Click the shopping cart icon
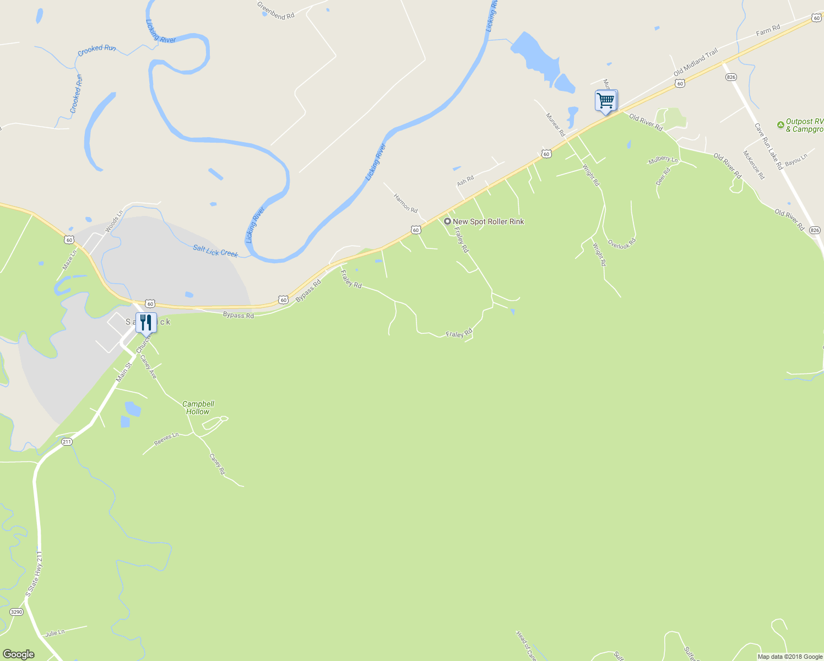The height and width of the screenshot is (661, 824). [x=606, y=101]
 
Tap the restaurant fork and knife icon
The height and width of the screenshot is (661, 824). [x=146, y=322]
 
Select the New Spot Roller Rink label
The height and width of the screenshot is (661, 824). [x=488, y=221]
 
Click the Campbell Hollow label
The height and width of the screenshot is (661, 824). [x=198, y=408]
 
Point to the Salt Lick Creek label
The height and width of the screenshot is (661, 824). [x=215, y=251]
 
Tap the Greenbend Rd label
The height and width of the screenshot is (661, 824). [x=275, y=10]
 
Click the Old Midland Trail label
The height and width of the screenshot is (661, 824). [x=696, y=62]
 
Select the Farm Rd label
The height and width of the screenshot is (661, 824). [x=768, y=30]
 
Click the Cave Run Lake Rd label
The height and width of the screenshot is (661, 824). [x=768, y=146]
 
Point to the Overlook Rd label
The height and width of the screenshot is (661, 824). [x=622, y=243]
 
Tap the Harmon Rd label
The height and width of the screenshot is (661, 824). [x=405, y=203]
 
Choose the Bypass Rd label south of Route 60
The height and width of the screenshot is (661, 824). [x=238, y=315]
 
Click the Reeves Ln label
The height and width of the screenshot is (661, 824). [x=166, y=439]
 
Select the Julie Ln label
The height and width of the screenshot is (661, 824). [x=55, y=633]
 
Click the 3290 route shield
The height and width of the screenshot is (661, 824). [x=17, y=612]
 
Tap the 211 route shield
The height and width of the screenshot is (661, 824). [x=67, y=442]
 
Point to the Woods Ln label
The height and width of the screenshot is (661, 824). [x=114, y=221]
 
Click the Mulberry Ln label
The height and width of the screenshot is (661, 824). [x=663, y=160]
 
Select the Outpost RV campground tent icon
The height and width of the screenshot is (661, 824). [x=780, y=125]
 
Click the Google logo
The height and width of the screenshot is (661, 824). [x=18, y=654]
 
